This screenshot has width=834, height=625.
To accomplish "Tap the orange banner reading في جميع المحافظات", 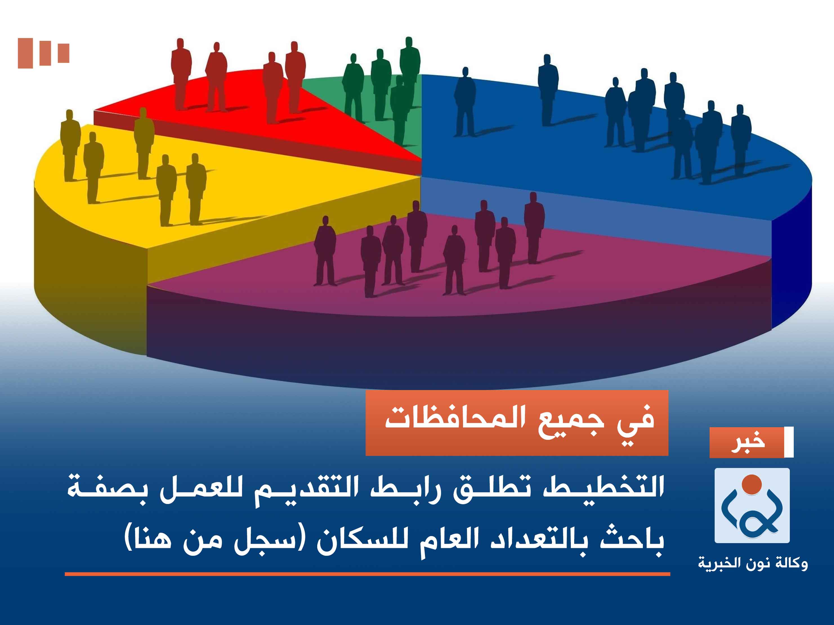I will point(517,423).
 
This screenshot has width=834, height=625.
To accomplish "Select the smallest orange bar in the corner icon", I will point(63,53).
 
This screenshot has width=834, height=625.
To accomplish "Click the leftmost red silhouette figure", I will point(181,73).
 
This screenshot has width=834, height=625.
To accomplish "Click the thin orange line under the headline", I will point(367,574).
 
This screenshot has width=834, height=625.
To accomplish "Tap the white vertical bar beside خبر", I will point(789,443).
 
